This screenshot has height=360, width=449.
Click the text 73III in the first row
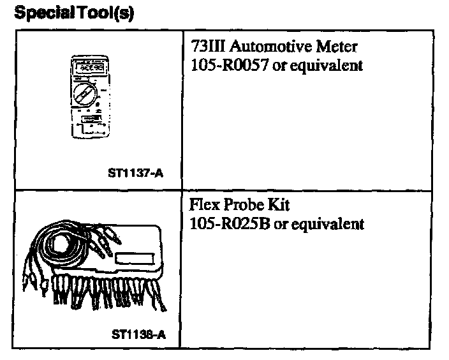pos(205,47)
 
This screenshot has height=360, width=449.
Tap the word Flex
pos(203,206)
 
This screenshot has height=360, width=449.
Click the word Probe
pos(242,206)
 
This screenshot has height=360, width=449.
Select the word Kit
pos(276,206)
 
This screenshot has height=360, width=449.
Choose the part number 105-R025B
pos(228,224)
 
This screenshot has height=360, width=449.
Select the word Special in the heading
pos(42,13)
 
